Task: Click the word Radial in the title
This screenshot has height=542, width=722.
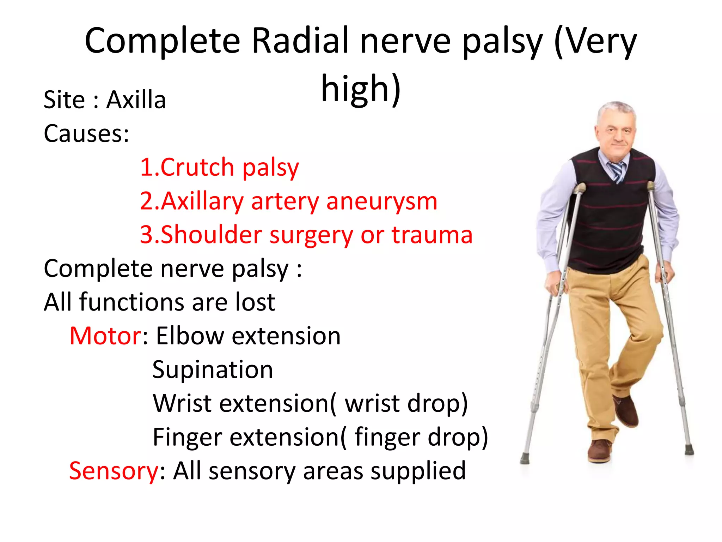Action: click(x=300, y=41)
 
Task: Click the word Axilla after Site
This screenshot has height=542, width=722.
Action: click(x=136, y=100)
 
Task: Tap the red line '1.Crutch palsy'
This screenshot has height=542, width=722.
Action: click(x=219, y=167)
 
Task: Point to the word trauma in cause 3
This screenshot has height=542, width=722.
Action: click(x=432, y=235)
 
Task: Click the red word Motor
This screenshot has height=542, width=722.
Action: click(x=105, y=336)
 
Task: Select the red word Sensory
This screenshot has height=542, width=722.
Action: click(x=114, y=471)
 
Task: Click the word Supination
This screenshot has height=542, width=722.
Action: click(x=213, y=370)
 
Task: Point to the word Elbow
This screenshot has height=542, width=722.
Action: click(x=190, y=336)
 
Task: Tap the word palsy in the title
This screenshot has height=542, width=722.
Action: click(x=503, y=41)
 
